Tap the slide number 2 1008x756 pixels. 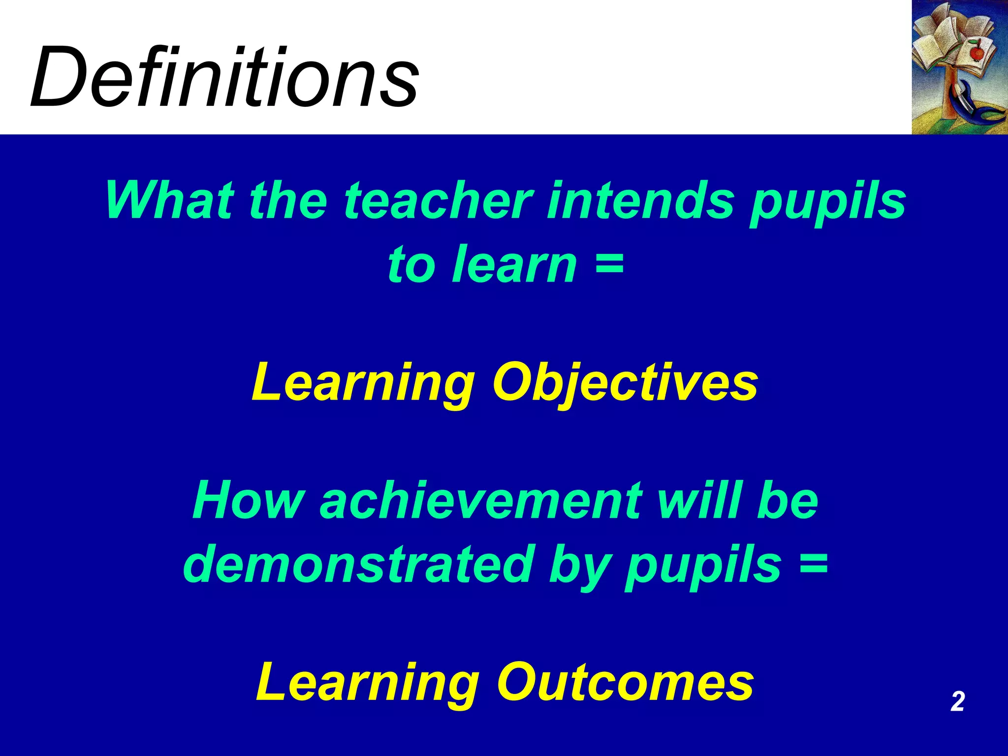(x=957, y=701)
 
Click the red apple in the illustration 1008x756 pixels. (x=977, y=51)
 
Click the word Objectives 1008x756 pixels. (x=625, y=384)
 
